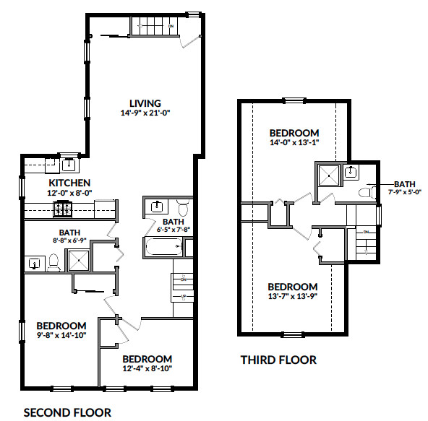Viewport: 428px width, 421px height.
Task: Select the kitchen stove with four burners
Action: pos(61,209)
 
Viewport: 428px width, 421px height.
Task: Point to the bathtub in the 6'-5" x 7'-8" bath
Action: pos(163,248)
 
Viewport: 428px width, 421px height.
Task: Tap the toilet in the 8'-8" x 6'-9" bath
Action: pos(53,263)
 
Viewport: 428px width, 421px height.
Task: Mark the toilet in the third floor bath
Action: pos(365,192)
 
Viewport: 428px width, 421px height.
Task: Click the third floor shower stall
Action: pos(328,175)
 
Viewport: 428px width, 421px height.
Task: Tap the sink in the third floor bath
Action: pos(351,172)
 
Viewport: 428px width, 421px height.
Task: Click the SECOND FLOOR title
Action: pos(68,412)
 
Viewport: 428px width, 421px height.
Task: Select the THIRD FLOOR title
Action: pos(278,360)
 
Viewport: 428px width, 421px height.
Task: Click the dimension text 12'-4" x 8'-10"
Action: pos(147,369)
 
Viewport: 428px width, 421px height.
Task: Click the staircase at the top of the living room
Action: pos(153,27)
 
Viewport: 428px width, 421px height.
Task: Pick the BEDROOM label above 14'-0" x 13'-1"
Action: pos(294,133)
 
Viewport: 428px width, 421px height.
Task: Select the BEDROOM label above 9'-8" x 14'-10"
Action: pos(61,326)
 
